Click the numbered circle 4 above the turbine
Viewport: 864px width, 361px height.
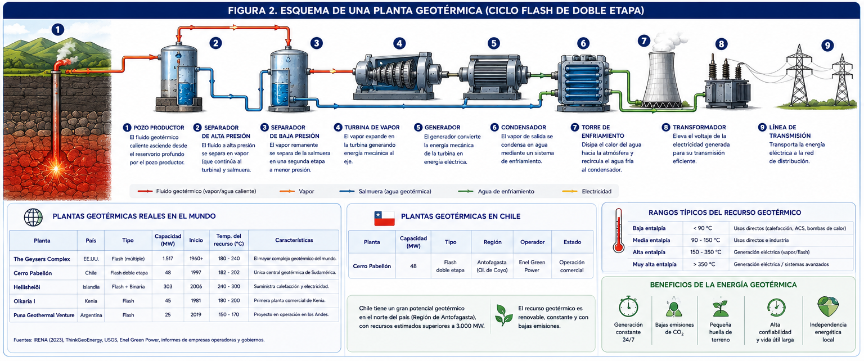(x=399, y=43)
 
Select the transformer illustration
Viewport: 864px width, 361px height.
(x=727, y=82)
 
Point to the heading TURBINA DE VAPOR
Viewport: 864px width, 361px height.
(x=372, y=127)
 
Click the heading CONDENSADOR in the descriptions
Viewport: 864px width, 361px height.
(x=524, y=127)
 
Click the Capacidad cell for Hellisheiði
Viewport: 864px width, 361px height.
(x=168, y=287)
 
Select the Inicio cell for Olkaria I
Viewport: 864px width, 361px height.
(x=196, y=300)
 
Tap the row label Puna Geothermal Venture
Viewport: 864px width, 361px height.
(x=44, y=315)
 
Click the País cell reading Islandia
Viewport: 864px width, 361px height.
(x=91, y=287)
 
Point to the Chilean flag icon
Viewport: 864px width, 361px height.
(x=384, y=218)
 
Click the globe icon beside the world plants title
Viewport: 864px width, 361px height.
(x=33, y=217)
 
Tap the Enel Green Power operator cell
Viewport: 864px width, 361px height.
(x=532, y=266)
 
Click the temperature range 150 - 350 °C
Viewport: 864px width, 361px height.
(x=705, y=252)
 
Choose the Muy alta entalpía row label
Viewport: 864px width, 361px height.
(x=654, y=264)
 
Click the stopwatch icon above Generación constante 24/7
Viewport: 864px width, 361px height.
(x=628, y=307)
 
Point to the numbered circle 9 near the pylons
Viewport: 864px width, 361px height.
(x=827, y=46)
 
